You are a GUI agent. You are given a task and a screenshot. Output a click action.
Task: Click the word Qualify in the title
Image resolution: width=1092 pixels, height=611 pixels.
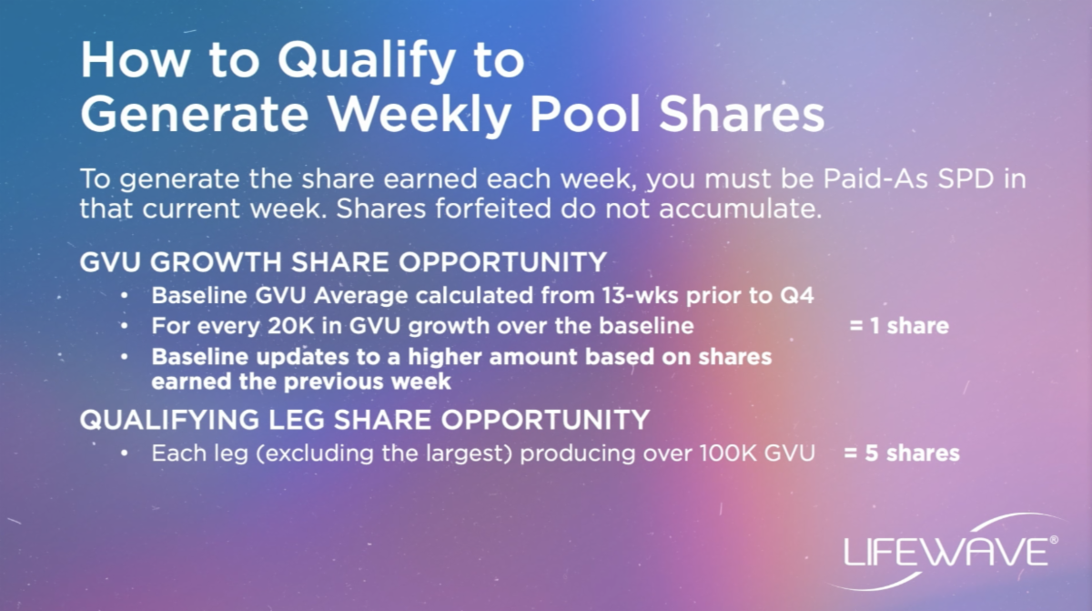[x=366, y=61]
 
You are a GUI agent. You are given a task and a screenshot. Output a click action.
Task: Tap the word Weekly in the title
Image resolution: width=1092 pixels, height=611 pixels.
[x=420, y=115]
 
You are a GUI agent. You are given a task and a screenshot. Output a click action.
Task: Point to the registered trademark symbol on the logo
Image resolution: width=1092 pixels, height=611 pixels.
[x=1054, y=539]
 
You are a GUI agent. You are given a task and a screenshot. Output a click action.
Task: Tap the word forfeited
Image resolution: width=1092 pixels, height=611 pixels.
[x=493, y=209]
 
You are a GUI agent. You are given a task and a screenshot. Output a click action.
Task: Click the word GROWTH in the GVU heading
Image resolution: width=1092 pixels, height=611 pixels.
[x=216, y=262]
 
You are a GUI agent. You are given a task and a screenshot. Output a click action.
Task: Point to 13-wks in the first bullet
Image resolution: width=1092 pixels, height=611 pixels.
[x=640, y=296]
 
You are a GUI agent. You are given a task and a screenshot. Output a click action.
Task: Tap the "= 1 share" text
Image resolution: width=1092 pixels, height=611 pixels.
[x=899, y=326]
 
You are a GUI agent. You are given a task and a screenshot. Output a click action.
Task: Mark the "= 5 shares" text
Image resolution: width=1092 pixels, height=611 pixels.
[x=902, y=453]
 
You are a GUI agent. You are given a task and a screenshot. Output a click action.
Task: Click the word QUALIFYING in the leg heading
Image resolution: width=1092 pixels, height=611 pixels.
[x=169, y=420]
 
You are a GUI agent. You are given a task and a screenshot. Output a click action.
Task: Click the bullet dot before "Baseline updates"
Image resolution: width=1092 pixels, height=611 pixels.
[x=125, y=357]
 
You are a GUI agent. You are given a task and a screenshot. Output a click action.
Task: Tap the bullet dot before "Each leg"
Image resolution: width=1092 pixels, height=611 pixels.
[x=125, y=453]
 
